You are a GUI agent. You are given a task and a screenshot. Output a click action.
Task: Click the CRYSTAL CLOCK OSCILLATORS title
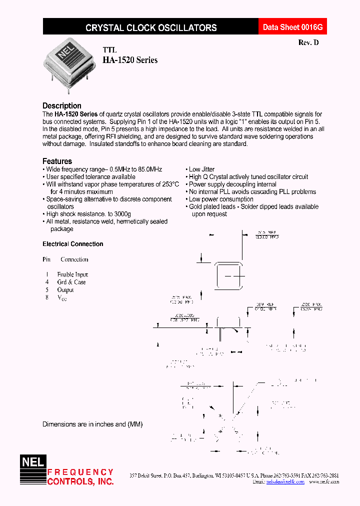coord(151,28)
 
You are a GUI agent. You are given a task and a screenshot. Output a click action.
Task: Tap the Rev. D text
coord(308,43)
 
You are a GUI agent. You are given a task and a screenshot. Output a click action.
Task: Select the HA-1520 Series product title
coord(130,60)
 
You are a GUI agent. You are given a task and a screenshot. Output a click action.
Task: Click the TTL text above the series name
coord(109,50)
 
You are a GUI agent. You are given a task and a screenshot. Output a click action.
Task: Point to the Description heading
coord(62,105)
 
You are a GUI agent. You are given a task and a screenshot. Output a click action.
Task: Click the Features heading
coord(57,161)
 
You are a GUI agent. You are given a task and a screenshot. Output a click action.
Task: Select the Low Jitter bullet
coord(201,169)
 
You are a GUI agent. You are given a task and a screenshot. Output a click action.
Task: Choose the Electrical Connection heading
coord(73,244)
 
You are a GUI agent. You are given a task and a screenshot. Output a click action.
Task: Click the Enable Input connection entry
coord(72,274)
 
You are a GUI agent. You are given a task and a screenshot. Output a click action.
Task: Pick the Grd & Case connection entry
coord(71,282)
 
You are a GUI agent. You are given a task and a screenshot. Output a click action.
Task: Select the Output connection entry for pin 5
coord(65,289)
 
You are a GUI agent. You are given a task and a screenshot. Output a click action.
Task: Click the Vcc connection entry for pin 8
coord(62,297)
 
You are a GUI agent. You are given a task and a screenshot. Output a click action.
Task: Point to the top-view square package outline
coord(228,276)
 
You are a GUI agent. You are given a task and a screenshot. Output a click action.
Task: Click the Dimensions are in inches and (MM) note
coord(92,424)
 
